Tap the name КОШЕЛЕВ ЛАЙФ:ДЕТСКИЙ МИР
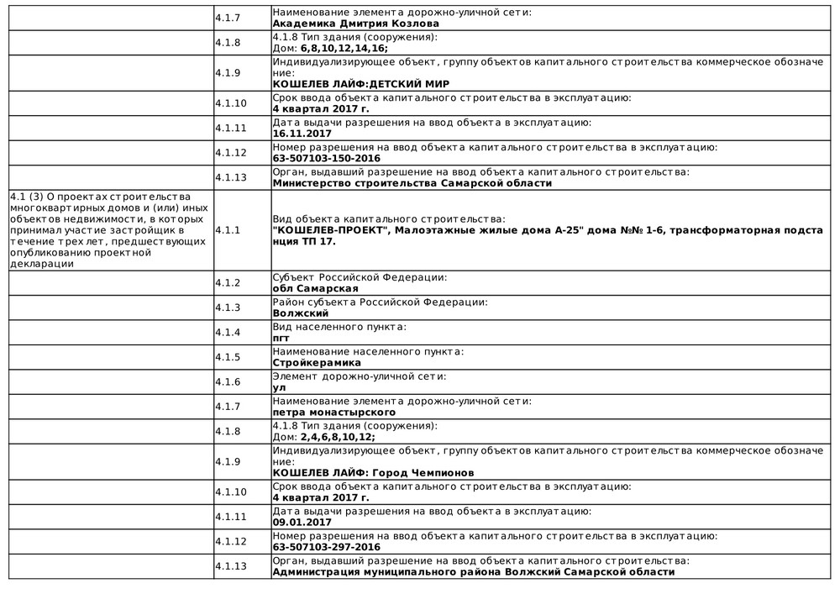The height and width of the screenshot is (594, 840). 361,84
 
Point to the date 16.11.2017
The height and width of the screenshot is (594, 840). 302,133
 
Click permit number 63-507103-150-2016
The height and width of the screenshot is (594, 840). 327,158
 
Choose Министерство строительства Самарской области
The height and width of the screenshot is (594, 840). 412,183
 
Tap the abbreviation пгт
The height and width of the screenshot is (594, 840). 281,338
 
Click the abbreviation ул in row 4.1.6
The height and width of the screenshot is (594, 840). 280,388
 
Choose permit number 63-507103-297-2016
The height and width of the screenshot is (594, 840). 327,547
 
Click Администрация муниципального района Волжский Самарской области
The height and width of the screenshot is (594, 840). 473,572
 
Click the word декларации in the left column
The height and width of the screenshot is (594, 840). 42,263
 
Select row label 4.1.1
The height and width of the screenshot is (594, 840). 228,229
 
